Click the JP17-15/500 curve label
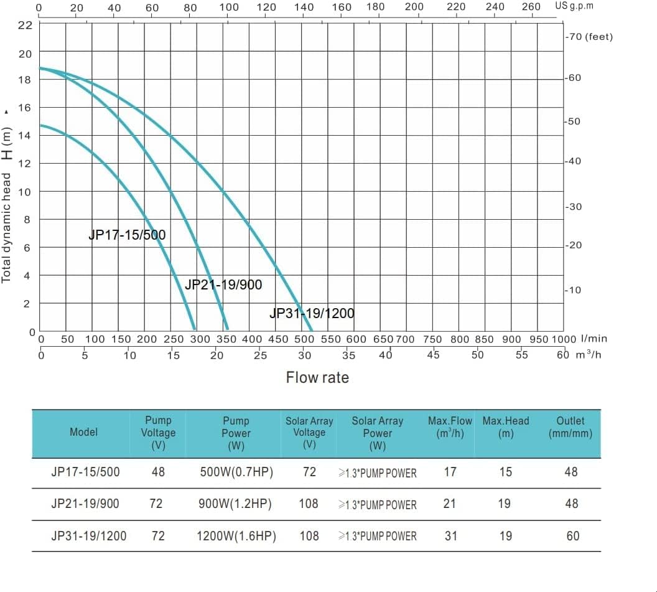click(127, 235)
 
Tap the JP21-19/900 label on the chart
click(223, 285)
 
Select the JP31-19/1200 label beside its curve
click(312, 313)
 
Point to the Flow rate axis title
click(317, 377)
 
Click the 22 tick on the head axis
click(25, 25)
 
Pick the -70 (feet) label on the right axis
click(589, 37)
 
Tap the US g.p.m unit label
click(574, 6)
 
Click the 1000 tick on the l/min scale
click(564, 339)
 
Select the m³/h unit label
click(589, 355)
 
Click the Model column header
click(83, 432)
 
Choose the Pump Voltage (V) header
click(158, 433)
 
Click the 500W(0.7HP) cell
click(236, 472)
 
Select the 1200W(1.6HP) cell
click(236, 535)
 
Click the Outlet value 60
click(572, 535)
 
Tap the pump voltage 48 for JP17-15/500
click(158, 472)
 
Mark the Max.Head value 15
click(505, 472)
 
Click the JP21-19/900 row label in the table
click(85, 504)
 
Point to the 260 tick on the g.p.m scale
click(531, 7)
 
